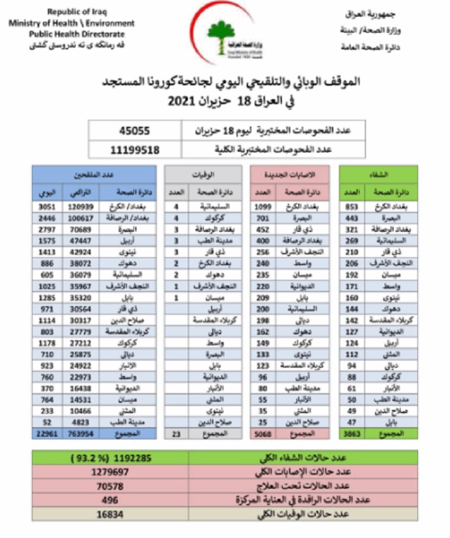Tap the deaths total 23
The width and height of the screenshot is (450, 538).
click(176, 434)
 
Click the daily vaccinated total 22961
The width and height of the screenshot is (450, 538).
click(48, 434)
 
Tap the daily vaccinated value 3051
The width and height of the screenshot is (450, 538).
click(49, 207)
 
